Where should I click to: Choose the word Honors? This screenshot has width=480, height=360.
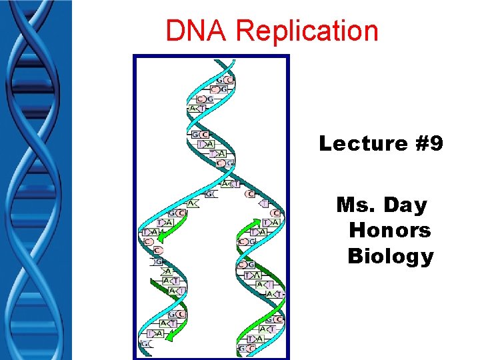pos(390,231)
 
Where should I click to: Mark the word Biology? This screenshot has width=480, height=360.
pos(391,256)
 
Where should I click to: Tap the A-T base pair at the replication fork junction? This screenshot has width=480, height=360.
pos(231,184)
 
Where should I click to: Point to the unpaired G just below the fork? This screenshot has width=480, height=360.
pos(210,194)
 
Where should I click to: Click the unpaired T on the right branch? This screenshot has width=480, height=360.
pos(264,204)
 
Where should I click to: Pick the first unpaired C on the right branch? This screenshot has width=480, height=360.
pos(250,194)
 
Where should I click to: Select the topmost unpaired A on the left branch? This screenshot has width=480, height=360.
pos(191,203)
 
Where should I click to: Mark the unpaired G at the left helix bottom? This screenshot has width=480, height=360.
pos(145,343)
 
